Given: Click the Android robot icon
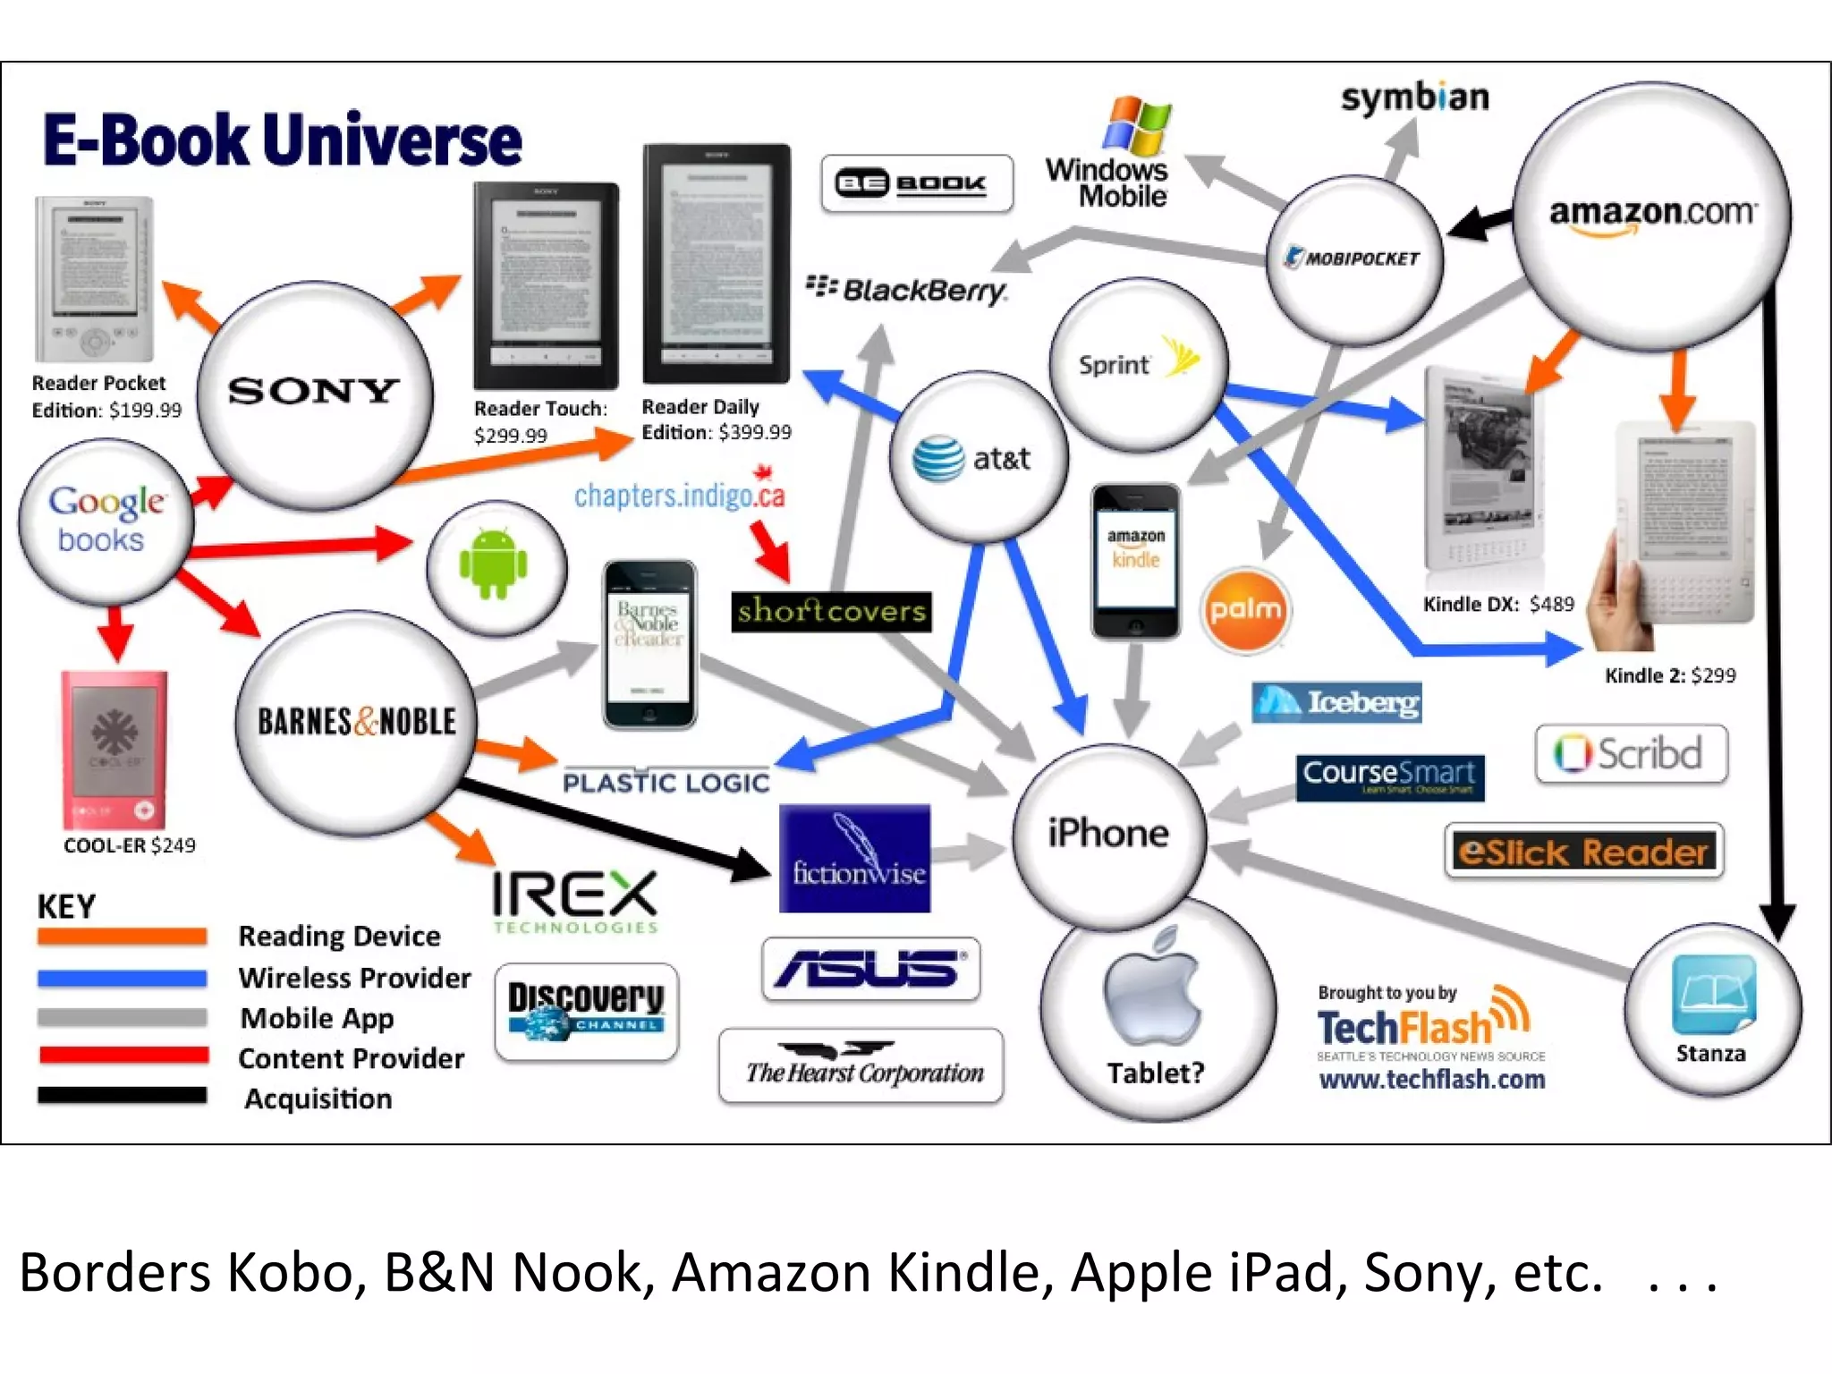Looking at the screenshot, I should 493,564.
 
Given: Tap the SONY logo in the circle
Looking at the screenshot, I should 313,391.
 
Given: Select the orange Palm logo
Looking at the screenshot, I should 1245,610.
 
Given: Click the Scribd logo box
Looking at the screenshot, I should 1631,754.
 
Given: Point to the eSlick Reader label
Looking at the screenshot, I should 1583,852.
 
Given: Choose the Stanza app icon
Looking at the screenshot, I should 1713,994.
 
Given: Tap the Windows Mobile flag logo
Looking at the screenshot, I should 1136,125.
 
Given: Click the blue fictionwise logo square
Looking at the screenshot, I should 854,859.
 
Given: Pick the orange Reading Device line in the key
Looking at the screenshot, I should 123,937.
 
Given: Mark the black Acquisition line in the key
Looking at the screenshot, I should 123,1096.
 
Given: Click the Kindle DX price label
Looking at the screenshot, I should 1498,605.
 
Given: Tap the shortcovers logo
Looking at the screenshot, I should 831,612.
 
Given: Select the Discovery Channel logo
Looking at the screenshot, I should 586,1012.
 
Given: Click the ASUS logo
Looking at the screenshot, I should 870,969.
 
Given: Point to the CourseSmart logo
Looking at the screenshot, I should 1389,776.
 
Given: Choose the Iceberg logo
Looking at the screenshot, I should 1336,703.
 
